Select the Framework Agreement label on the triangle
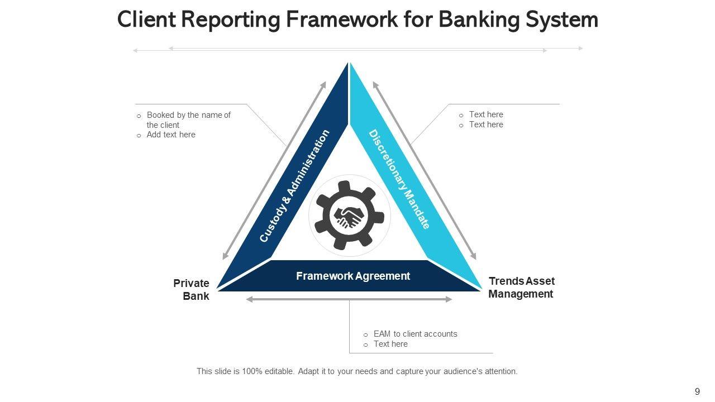click(352, 276)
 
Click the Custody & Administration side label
click(294, 186)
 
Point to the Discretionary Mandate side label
click(399, 179)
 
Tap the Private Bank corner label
click(192, 290)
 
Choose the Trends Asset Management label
click(521, 288)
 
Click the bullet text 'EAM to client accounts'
click(415, 334)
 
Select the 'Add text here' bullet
click(171, 135)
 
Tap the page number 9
click(697, 391)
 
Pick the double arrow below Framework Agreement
click(349, 300)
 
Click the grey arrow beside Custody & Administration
click(274, 170)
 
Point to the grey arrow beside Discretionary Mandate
click(425, 170)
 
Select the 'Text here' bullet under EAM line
click(390, 344)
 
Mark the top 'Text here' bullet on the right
click(486, 114)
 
